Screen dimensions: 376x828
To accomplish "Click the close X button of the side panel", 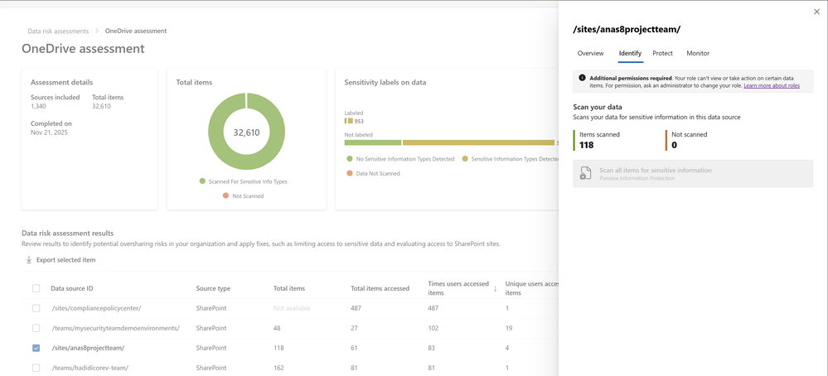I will click(x=816, y=12).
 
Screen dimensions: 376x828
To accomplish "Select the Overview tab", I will click(x=590, y=53).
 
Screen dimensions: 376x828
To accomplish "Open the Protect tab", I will click(x=662, y=53).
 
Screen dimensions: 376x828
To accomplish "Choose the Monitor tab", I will click(x=697, y=53).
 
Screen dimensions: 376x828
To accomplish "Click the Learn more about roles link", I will click(x=772, y=85).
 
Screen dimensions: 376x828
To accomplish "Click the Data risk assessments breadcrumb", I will click(x=58, y=31).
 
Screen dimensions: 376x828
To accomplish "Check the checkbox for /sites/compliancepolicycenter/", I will click(x=36, y=308).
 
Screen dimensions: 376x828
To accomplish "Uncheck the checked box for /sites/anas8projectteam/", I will click(x=36, y=348).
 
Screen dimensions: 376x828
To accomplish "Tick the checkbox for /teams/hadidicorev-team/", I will click(x=36, y=368).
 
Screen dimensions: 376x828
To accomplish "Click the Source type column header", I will click(x=213, y=288).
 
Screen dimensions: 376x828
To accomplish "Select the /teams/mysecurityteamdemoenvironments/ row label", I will click(x=115, y=328).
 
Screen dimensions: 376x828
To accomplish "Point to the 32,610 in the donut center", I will click(x=246, y=133).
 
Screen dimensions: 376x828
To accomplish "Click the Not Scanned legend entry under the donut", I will click(x=247, y=195).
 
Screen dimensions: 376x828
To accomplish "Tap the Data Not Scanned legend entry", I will click(x=377, y=173).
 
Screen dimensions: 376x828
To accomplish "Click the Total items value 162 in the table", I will click(x=279, y=368).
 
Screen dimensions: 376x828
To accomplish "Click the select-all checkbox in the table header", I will click(x=36, y=288).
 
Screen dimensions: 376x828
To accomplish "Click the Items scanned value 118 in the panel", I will click(x=587, y=145).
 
